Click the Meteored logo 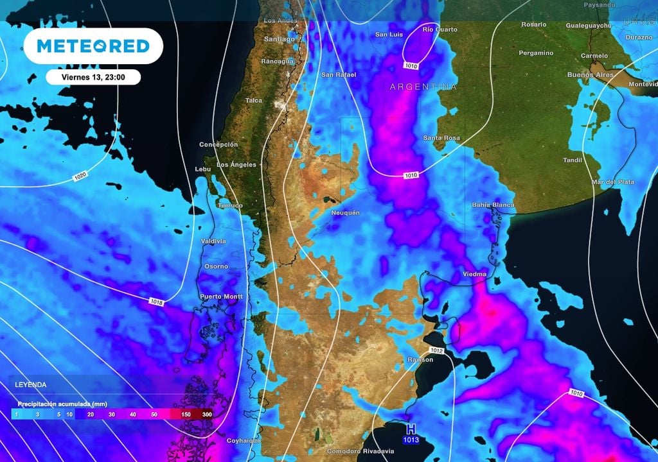click(93, 46)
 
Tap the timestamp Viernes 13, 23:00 click(93, 76)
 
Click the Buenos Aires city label click(591, 75)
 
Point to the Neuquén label click(345, 212)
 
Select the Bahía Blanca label click(493, 205)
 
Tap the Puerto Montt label click(221, 296)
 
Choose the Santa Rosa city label click(441, 138)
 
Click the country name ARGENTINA click(423, 87)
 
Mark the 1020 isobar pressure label click(80, 175)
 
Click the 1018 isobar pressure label click(156, 301)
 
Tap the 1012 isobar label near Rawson click(436, 350)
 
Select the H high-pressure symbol click(411, 429)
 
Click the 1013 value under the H click(411, 440)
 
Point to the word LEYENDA click(31, 384)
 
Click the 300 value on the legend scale click(207, 415)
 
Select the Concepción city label click(218, 144)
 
